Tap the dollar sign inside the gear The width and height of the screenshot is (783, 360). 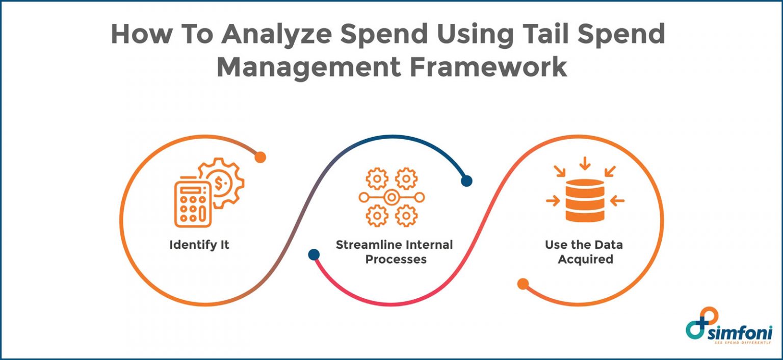(x=221, y=183)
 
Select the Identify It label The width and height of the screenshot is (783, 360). (x=199, y=245)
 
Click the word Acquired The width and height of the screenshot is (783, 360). (x=585, y=259)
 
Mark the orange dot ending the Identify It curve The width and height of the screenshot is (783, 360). (x=260, y=157)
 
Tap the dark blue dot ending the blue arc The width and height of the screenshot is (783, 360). (x=466, y=181)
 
